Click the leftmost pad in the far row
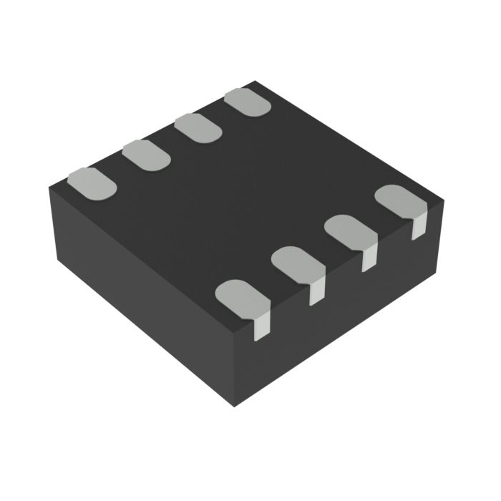coord(92,182)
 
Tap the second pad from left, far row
coord(146,155)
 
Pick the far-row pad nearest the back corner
coord(248,102)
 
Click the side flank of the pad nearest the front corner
coord(263,326)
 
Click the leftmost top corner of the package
coord(49,188)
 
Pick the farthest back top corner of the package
coord(255,82)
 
